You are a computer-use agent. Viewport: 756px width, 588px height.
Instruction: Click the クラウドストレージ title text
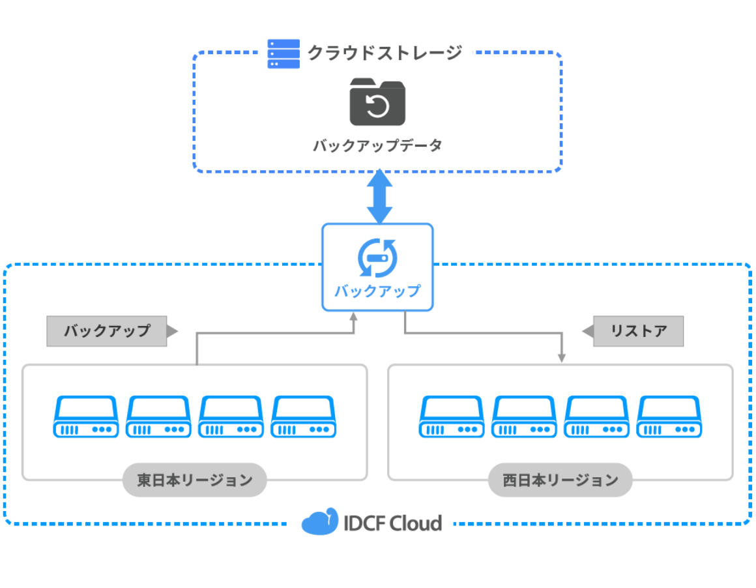pos(385,53)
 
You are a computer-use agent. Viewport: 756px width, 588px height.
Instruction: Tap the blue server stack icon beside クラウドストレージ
pos(283,53)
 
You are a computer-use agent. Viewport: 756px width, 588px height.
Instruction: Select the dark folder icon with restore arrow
pos(377,102)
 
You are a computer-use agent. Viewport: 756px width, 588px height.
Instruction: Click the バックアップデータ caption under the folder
pos(377,145)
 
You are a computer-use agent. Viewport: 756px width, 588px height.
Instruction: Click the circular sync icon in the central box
pos(377,258)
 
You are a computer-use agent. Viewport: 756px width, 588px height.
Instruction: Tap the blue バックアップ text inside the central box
pos(377,291)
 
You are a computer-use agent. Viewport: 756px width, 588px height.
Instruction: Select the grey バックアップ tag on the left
pos(108,331)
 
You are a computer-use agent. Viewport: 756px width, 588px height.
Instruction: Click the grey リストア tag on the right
pos(638,331)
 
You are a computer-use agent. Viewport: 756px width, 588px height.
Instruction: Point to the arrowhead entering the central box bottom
pos(354,317)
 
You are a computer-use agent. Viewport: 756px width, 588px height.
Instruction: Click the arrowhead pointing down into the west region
pos(562,357)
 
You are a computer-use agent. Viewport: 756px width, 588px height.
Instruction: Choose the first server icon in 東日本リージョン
pos(86,417)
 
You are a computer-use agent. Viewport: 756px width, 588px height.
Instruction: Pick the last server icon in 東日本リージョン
pos(304,417)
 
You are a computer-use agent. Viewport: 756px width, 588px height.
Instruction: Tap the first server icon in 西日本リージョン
pos(452,417)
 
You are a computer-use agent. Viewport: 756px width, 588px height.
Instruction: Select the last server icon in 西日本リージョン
pos(669,417)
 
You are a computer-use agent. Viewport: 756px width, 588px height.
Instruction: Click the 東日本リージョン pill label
pos(195,480)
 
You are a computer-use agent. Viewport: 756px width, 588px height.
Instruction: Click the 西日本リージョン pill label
pos(560,480)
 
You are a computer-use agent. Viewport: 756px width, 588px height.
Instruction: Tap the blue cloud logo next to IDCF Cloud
pos(320,522)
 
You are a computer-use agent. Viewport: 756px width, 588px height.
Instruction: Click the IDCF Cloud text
pos(393,523)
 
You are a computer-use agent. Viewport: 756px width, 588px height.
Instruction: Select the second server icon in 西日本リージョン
pos(524,417)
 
